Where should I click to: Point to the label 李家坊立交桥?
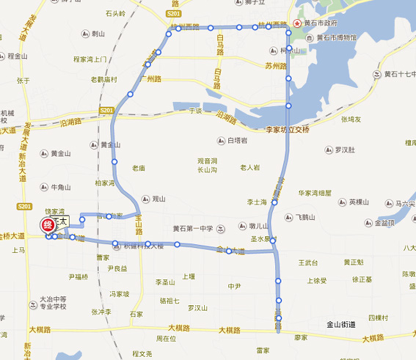click(287, 129)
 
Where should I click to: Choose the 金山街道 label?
click(340, 325)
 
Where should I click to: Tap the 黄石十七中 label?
click(399, 74)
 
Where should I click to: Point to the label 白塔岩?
click(238, 141)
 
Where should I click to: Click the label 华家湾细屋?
click(315, 193)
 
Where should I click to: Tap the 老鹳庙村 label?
click(104, 80)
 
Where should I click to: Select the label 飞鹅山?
click(304, 217)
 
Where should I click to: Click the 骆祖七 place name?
click(169, 300)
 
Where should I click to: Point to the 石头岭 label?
click(115, 14)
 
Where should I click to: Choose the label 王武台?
click(308, 262)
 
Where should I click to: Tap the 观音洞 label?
click(208, 161)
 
